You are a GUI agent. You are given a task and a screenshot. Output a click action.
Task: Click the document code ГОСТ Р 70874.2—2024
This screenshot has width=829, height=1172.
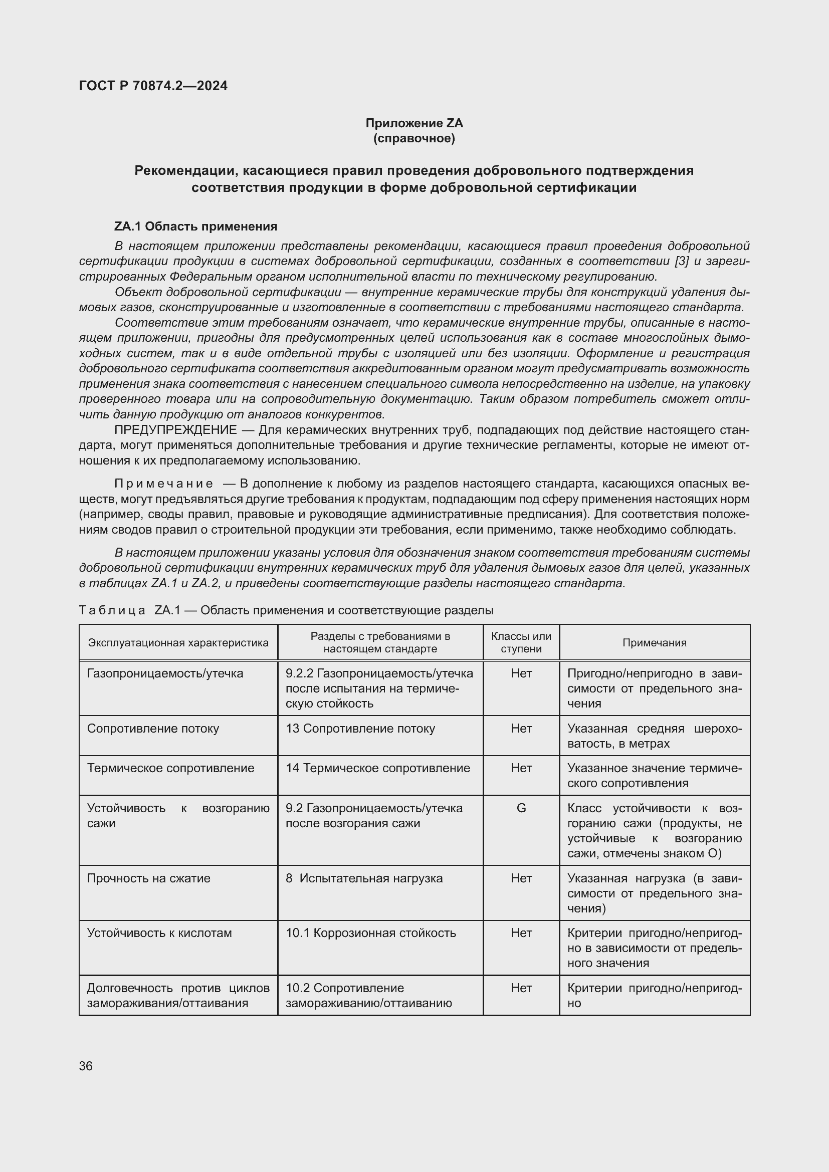tap(153, 86)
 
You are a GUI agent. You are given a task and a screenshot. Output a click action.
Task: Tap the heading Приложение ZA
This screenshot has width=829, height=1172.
tap(414, 123)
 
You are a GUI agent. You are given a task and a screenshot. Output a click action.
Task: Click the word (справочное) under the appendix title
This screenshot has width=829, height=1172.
tap(414, 138)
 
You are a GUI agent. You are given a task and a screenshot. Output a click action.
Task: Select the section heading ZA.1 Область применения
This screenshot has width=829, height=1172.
tap(195, 226)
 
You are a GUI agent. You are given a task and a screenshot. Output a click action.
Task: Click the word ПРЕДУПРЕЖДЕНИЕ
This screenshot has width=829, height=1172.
tap(175, 430)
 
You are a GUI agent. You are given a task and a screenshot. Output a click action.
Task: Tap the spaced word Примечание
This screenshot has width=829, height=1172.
tap(163, 484)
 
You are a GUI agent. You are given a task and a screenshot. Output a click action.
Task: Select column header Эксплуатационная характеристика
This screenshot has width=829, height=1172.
tap(178, 643)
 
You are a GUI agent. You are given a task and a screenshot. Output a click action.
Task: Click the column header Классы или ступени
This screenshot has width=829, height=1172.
tap(521, 643)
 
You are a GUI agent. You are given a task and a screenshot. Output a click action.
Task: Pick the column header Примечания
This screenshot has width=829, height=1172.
tap(655, 643)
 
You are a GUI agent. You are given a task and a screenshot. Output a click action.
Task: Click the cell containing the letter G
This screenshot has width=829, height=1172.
tap(521, 808)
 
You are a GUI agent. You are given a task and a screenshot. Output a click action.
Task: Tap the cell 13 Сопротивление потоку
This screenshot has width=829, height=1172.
tap(360, 729)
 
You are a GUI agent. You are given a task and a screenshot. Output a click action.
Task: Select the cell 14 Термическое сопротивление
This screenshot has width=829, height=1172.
tap(378, 768)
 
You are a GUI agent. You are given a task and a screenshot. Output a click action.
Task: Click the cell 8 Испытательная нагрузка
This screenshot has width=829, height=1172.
tap(364, 878)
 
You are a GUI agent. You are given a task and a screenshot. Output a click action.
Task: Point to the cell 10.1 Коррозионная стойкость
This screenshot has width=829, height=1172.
tap(370, 933)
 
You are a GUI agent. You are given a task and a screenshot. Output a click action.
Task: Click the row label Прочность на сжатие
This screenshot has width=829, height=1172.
tap(148, 878)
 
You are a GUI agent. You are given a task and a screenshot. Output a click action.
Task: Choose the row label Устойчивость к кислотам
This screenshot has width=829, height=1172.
tap(159, 933)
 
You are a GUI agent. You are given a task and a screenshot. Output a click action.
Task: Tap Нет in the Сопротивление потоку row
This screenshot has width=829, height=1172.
tap(521, 729)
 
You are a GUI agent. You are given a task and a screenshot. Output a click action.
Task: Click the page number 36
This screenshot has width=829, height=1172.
tap(86, 1066)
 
